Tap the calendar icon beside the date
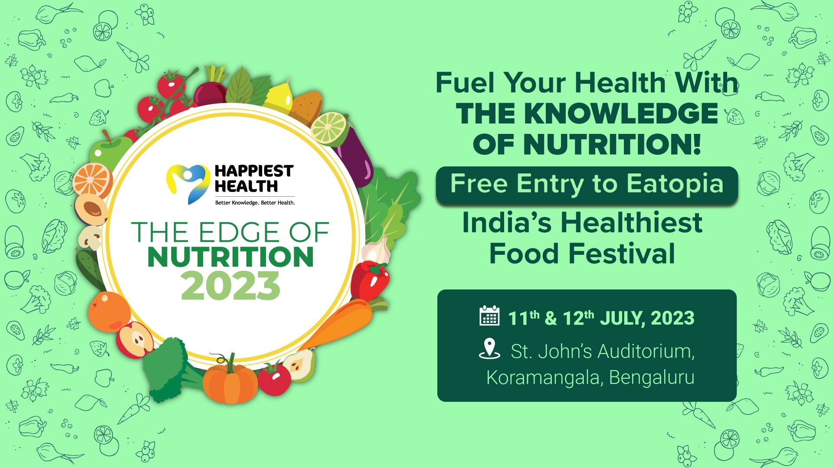[489, 316]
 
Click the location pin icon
[489, 348]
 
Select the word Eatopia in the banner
[675, 184]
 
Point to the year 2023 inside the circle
[230, 286]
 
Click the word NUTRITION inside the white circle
[230, 257]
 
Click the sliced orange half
[92, 179]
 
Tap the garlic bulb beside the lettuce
[375, 251]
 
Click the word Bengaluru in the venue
[652, 377]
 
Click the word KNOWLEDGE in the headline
[620, 114]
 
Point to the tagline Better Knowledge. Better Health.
[255, 203]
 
